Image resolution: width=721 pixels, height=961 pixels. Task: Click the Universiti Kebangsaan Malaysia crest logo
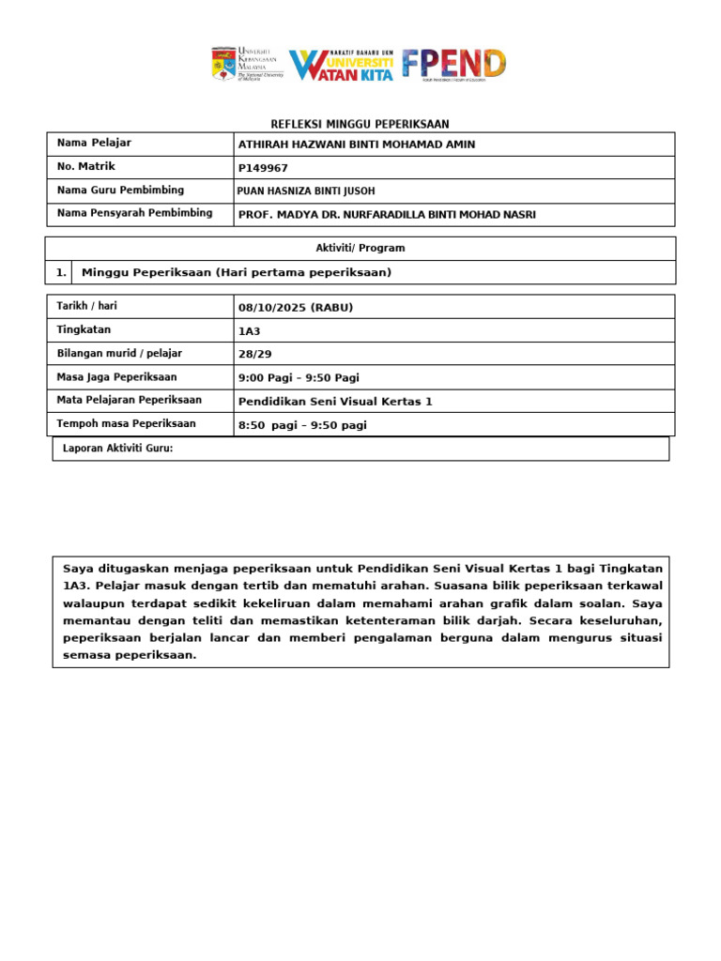pos(223,64)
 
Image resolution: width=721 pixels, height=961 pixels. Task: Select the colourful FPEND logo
pos(454,64)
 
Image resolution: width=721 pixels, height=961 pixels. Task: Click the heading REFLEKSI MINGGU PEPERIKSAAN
pos(360,125)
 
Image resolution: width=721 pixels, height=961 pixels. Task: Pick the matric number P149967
pos(264,168)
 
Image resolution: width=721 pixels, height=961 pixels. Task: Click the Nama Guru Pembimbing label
pos(120,191)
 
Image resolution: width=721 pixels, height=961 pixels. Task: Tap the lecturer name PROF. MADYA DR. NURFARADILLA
pos(387,214)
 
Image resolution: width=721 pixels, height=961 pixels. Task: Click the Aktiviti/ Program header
pos(360,248)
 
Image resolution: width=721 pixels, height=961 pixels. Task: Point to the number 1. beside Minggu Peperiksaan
pos(60,272)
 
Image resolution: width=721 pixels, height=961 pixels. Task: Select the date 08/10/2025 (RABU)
pos(296,307)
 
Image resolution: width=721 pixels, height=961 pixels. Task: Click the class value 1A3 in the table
pos(250,330)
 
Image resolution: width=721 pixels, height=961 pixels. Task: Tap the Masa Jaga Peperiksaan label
pos(117,377)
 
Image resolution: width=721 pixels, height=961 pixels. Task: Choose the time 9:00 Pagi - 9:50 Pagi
pos(299,377)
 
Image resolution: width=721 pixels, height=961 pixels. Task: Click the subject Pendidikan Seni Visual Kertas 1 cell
pos(335,401)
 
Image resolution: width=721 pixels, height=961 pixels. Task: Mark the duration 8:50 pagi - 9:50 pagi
pos(302,425)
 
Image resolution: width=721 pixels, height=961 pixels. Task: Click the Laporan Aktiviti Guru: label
pos(117,449)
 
